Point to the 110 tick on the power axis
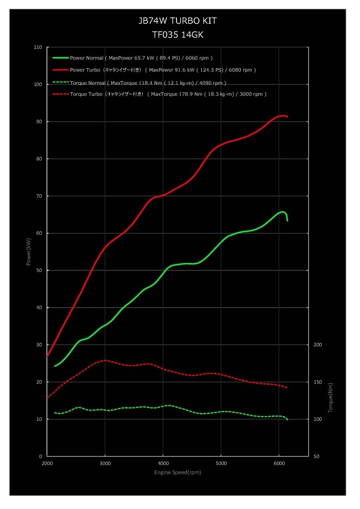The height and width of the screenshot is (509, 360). point(38,47)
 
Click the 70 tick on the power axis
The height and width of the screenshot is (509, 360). point(39,196)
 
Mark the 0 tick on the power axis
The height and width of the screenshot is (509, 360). point(41,456)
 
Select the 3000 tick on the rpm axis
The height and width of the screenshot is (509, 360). point(105,463)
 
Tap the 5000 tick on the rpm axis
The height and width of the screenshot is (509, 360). point(221,463)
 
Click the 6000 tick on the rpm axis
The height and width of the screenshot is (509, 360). point(279,463)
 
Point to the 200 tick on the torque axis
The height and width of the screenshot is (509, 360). point(318,345)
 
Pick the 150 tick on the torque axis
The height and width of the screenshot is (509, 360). point(318,382)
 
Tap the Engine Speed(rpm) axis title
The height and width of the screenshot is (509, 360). point(177,472)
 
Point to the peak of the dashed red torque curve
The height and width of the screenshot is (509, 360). point(105,361)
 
